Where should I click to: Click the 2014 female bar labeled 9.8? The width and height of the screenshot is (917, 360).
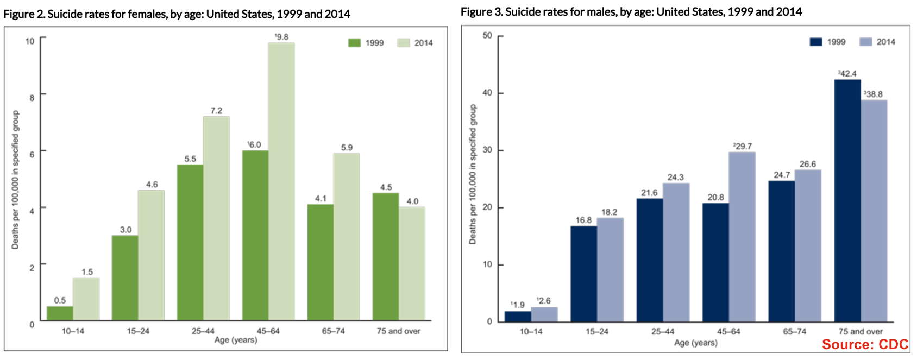click(x=281, y=181)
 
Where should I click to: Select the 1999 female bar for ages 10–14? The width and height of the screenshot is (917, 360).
click(x=60, y=313)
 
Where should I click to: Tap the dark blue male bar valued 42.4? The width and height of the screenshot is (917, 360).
click(x=847, y=200)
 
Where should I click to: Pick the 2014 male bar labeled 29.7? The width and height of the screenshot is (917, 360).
click(x=742, y=237)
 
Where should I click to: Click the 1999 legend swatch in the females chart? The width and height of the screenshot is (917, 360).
click(x=354, y=43)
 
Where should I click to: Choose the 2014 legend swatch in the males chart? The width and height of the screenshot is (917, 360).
click(x=866, y=42)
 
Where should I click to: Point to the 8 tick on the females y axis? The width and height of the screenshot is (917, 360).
click(x=32, y=98)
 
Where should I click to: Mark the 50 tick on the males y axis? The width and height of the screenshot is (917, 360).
click(x=487, y=36)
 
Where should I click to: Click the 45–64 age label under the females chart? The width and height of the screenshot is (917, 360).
click(x=268, y=331)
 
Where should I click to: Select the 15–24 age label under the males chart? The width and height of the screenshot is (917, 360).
click(x=596, y=331)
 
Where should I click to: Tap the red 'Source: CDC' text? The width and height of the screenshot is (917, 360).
click(x=865, y=344)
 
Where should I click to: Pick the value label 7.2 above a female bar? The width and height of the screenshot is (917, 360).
click(x=216, y=111)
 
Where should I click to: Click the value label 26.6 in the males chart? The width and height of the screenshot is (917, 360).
click(x=808, y=164)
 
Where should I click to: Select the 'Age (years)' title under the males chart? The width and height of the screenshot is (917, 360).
click(x=695, y=343)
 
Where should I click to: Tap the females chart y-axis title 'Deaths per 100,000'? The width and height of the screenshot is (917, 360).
click(x=15, y=180)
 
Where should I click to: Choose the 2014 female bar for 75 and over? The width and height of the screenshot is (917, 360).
click(x=412, y=263)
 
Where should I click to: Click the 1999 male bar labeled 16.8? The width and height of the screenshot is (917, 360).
click(x=583, y=273)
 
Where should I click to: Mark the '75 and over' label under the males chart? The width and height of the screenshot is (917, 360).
click(x=861, y=331)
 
